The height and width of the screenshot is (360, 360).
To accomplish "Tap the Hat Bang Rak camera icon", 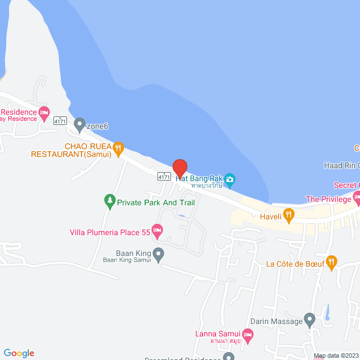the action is point(229,180).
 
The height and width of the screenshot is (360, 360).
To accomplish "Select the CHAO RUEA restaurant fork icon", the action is point(118,148).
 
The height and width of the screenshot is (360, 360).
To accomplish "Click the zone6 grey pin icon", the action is point(79,124).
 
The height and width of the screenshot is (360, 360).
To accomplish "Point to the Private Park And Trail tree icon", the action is point(110,200).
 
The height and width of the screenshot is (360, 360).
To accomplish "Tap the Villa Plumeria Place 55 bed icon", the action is point(157,229).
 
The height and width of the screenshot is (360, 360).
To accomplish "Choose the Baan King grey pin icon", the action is point(159,254).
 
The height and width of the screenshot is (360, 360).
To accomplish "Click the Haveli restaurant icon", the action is point(289,214).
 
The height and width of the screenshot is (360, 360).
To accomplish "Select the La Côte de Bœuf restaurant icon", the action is point(332,261).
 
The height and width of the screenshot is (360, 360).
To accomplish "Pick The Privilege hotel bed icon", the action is point(357,197).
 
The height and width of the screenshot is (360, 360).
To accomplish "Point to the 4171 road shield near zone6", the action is point(60,121).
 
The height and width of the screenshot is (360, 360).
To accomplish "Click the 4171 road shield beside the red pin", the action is point(164,177).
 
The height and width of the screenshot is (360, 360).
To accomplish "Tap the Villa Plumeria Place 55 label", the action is point(110,231).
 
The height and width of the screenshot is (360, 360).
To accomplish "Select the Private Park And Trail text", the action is point(155,202).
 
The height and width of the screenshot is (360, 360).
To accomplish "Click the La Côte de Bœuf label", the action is point(295,263).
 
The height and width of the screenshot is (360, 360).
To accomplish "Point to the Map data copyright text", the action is point(336,356).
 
